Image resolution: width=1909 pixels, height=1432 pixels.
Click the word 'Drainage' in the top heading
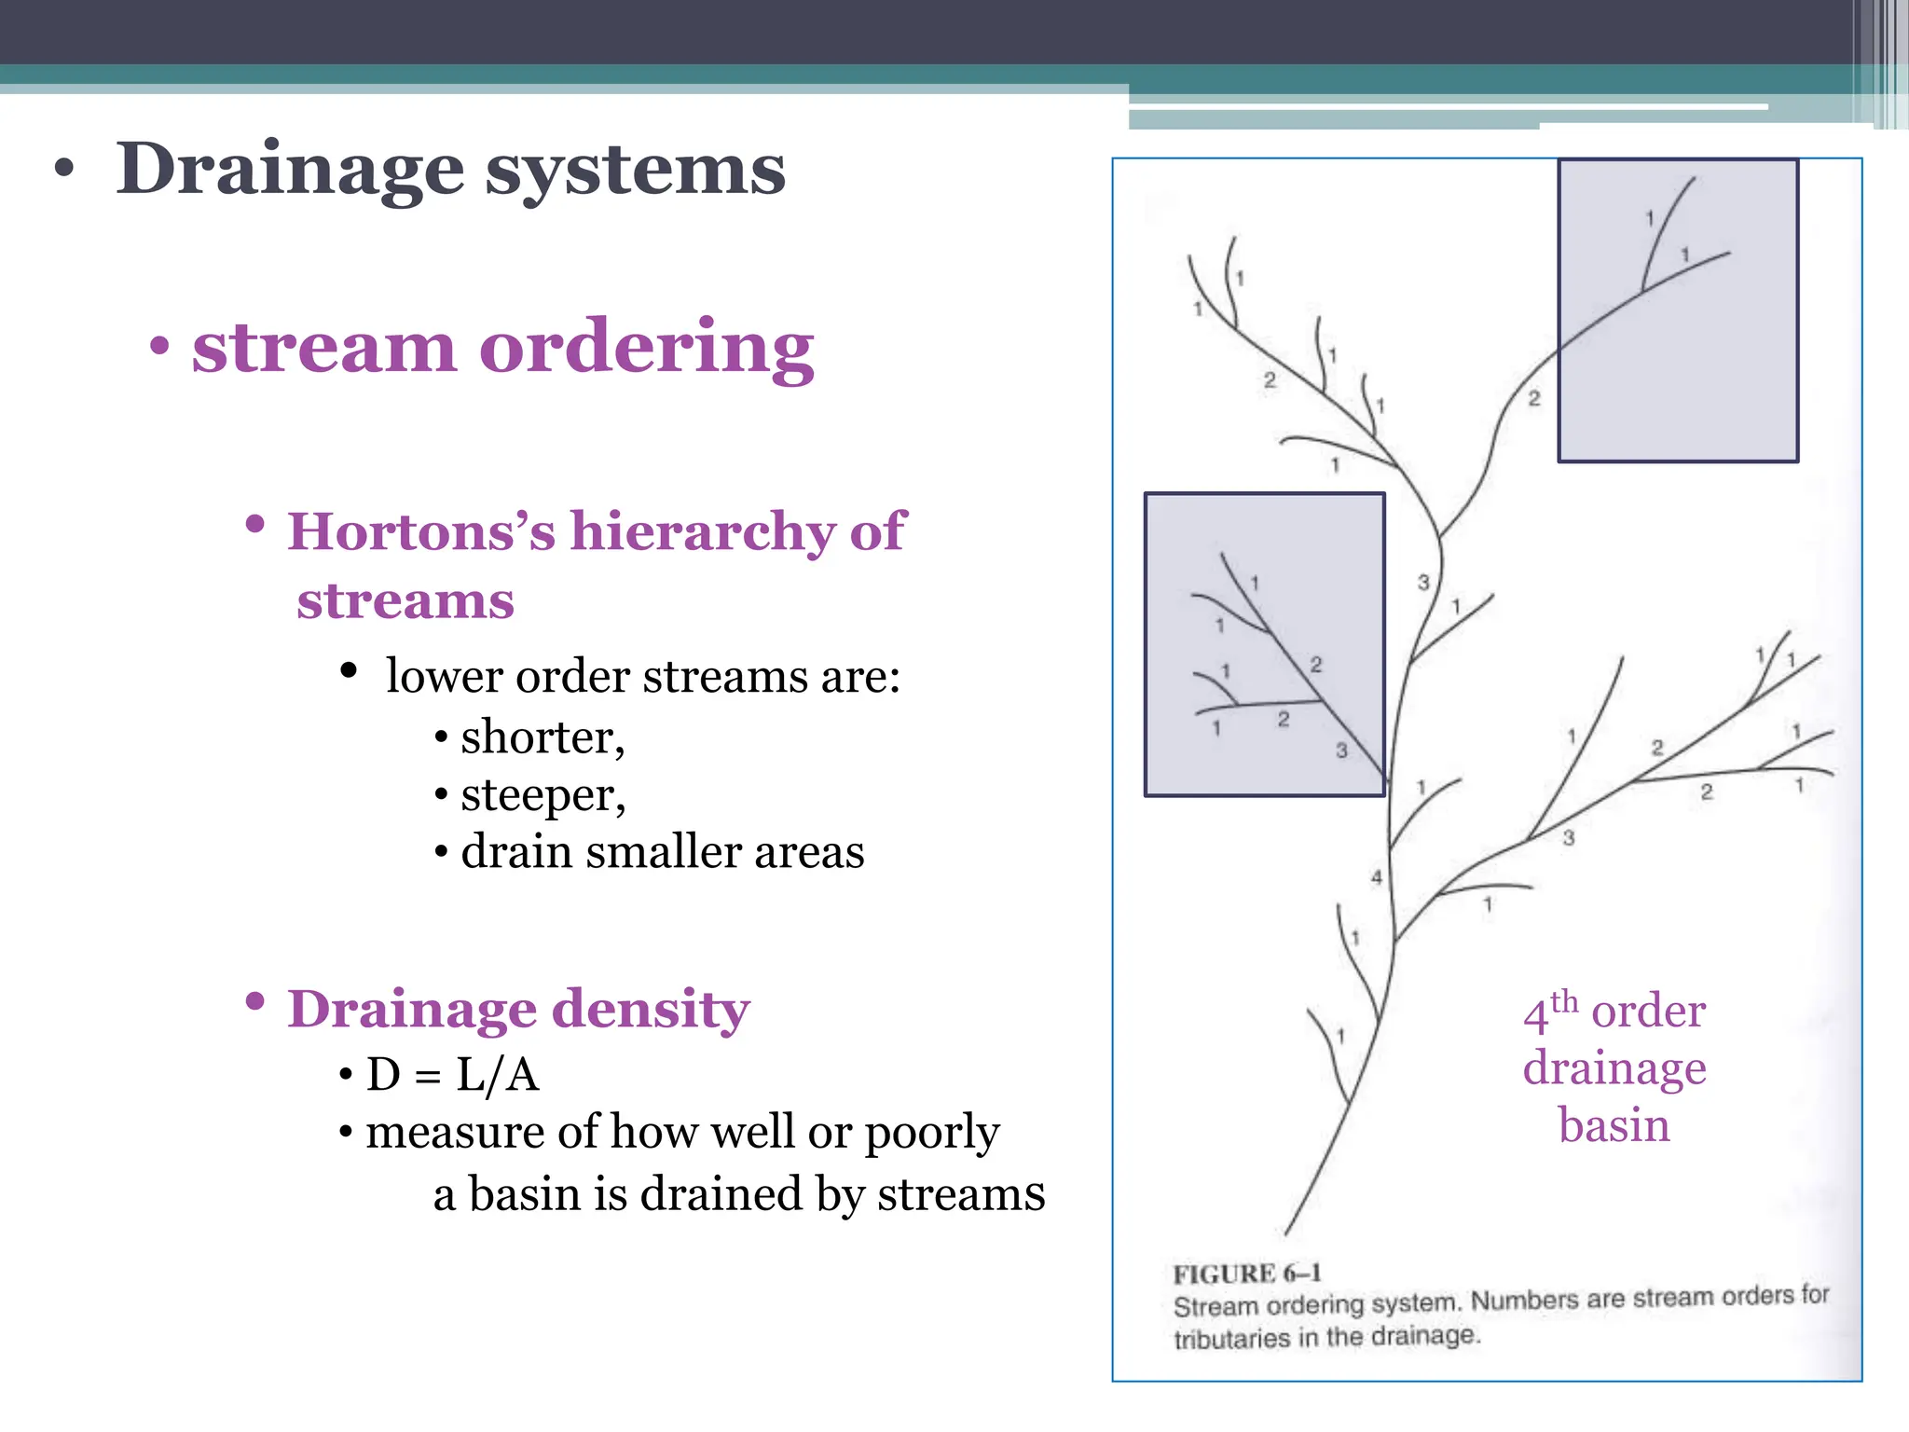[289, 170]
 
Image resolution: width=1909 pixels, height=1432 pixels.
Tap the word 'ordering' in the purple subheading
[646, 348]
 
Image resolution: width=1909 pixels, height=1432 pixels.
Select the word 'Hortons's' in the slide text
[420, 531]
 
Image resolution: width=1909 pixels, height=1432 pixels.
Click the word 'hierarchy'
[703, 531]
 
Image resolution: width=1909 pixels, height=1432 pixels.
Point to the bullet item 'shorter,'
[542, 737]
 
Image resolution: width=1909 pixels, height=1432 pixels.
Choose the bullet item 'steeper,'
[542, 795]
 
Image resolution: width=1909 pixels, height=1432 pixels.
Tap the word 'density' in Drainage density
[651, 1010]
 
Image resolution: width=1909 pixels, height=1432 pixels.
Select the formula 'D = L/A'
[453, 1074]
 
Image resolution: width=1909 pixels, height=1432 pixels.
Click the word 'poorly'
[931, 1134]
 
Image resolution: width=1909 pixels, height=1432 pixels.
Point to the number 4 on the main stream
[1377, 877]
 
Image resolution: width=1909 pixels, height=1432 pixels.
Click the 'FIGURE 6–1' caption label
[1246, 1274]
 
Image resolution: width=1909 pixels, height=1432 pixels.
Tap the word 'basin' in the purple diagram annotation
[1614, 1125]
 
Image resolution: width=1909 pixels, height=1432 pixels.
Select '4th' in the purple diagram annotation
[1550, 1011]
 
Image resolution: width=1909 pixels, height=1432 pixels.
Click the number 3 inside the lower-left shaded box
[1341, 750]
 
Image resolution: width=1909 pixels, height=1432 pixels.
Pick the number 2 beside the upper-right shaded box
[1534, 399]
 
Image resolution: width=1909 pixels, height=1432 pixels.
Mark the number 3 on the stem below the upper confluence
[1423, 583]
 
